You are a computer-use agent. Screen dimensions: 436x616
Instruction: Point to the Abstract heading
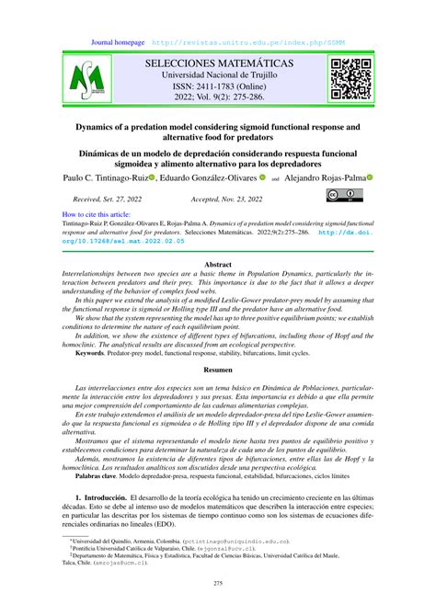217,262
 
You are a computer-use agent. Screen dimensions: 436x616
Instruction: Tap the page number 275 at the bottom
217,584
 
